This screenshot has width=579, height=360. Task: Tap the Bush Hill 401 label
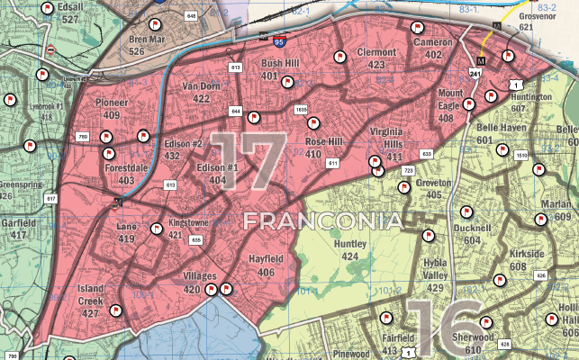pyautogui.click(x=281, y=70)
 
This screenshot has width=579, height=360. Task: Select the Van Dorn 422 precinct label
pyautogui.click(x=202, y=91)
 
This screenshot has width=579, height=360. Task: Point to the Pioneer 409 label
pyautogui.click(x=112, y=109)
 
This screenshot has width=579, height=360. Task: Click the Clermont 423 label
pyautogui.click(x=376, y=58)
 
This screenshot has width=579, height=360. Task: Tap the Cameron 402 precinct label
pyautogui.click(x=433, y=49)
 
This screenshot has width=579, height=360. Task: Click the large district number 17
pyautogui.click(x=248, y=162)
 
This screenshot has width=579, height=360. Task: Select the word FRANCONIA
pyautogui.click(x=321, y=220)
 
